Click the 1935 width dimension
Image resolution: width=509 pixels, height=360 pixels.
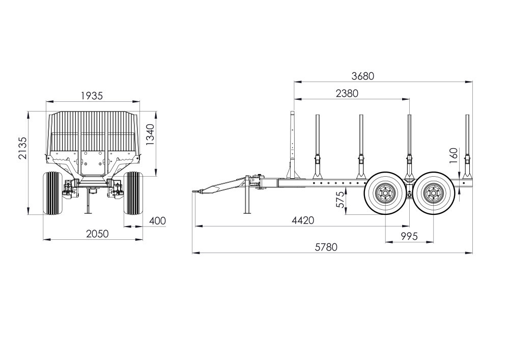[x=92, y=96]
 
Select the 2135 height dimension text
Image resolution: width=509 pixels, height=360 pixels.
[x=23, y=148]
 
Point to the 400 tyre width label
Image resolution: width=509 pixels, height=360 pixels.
[x=157, y=221]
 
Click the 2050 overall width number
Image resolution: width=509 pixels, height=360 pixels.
[x=97, y=234]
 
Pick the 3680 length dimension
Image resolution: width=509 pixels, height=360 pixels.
[x=363, y=76]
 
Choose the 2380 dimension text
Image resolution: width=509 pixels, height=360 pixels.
[x=347, y=94]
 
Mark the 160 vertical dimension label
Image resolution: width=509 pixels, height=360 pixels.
[x=454, y=154]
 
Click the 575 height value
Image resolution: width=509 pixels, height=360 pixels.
[x=340, y=199]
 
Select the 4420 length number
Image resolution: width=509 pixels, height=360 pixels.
[x=303, y=220]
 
